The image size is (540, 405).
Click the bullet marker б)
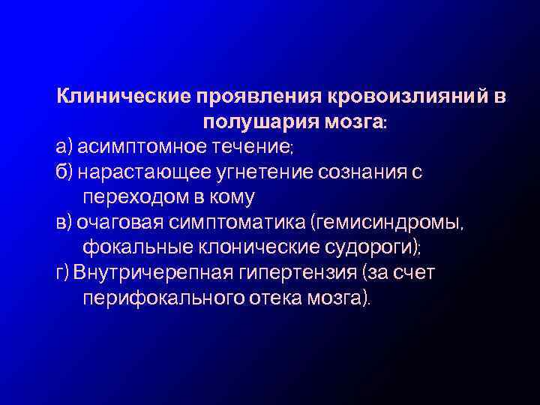click(x=64, y=173)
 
